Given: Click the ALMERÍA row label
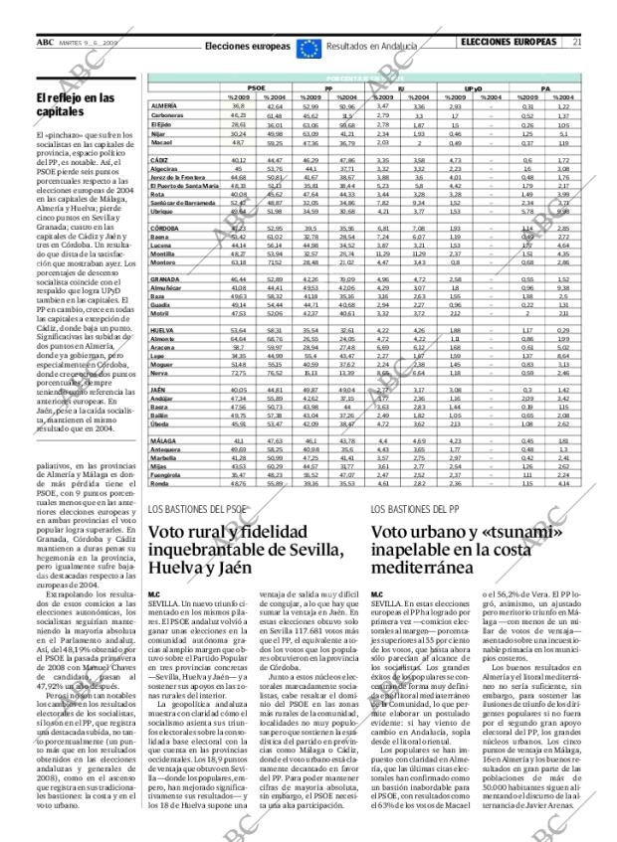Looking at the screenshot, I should pos(164,104).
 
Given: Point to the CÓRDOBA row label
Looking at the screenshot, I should pos(165,228).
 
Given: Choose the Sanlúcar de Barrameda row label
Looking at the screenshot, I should pos(184,202).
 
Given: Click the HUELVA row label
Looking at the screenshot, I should pos(163,329).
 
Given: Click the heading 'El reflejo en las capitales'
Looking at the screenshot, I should pos(76,104).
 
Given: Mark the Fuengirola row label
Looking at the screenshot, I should pos(167,476).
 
